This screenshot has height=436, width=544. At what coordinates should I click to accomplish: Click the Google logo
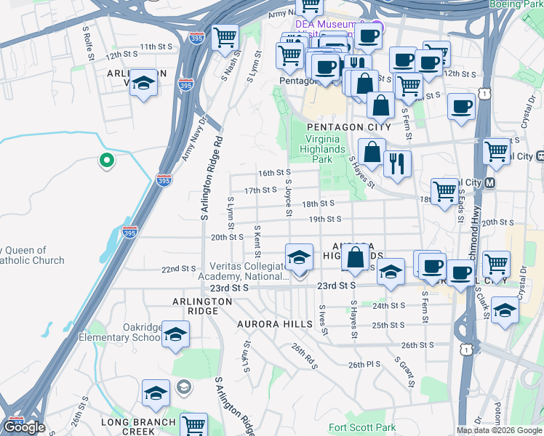point(25,427)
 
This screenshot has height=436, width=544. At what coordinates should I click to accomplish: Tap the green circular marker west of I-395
point(107,160)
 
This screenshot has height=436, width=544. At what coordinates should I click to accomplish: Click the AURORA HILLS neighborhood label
point(273,323)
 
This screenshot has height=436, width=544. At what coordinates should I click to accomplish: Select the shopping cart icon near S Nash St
point(225,37)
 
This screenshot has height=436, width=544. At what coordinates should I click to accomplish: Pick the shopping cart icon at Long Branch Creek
point(193,426)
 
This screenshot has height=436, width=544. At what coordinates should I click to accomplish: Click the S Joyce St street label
point(289,198)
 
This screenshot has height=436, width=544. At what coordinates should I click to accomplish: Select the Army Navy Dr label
point(193,137)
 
